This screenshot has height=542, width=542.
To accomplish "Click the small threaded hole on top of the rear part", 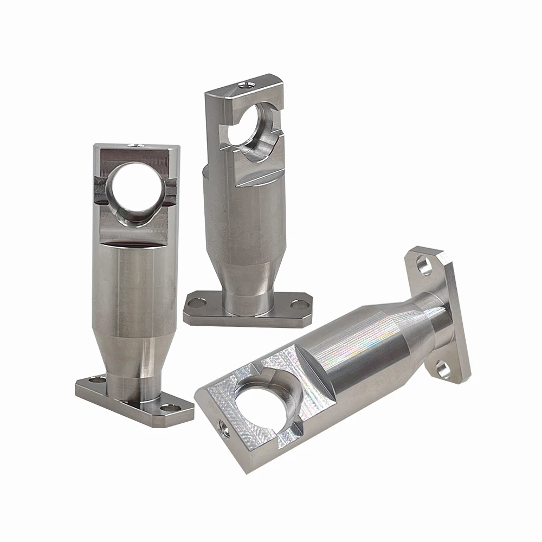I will pyautogui.click(x=241, y=84).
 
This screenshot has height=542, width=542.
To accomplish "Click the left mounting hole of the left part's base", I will pyautogui.click(x=96, y=381).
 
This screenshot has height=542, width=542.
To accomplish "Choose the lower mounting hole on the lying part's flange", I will pyautogui.click(x=443, y=370).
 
